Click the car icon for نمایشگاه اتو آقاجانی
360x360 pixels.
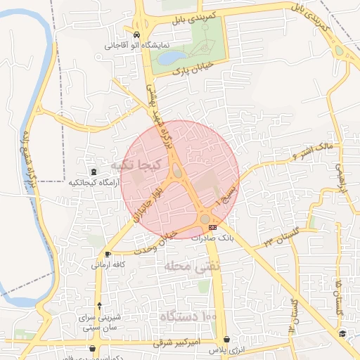pos(136,34)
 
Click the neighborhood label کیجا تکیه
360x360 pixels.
pos(136,164)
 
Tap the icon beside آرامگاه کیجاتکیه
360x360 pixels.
pos(94,172)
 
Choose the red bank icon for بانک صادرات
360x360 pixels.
pos(213,227)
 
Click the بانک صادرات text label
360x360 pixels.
pos(216,238)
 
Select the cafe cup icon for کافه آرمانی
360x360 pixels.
pos(108,255)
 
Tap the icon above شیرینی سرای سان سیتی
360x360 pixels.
pos(101,305)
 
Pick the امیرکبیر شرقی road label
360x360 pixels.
pos(176,342)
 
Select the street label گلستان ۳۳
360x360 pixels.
pos(279,236)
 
